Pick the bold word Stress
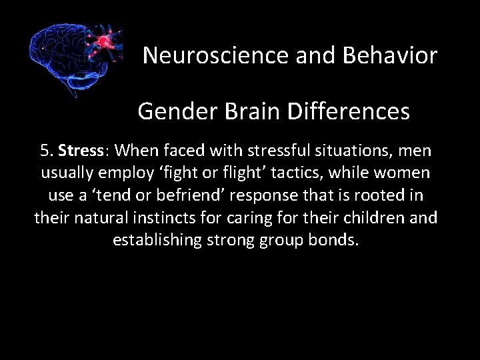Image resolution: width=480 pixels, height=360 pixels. click(x=79, y=151)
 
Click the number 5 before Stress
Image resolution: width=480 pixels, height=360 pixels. click(x=45, y=151)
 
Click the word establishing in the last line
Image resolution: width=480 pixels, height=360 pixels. click(x=152, y=240)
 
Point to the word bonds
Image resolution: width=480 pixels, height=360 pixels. click(x=335, y=240)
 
